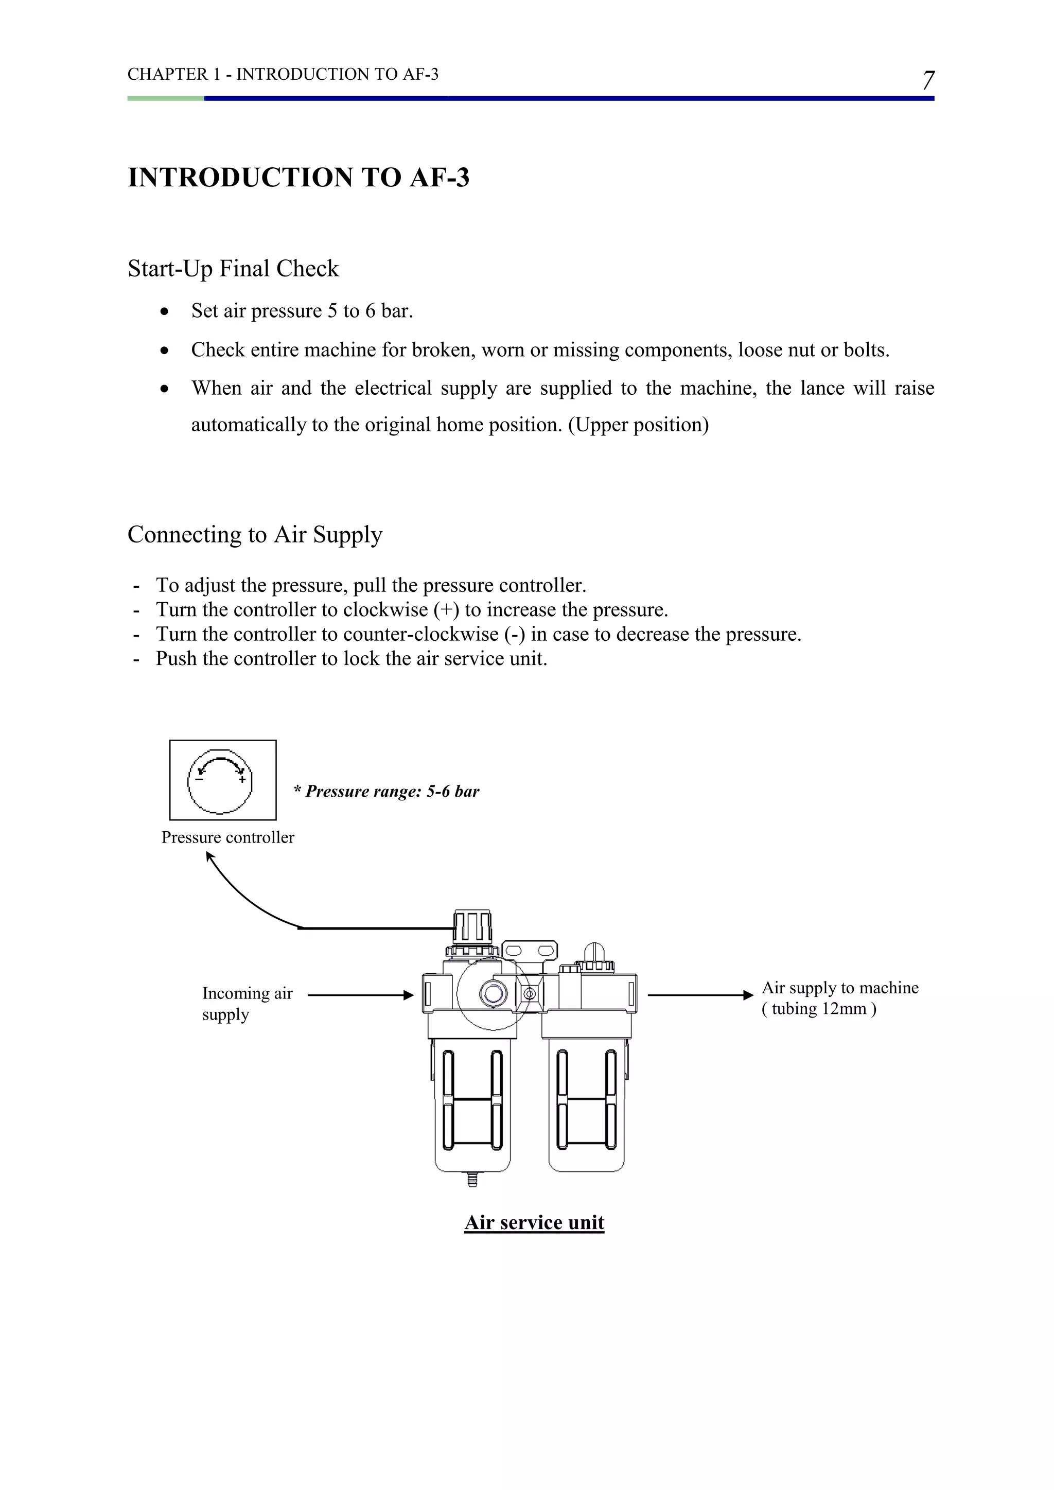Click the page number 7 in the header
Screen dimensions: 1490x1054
point(928,80)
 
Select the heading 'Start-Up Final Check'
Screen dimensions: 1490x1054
point(233,268)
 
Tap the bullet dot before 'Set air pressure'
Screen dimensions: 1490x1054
point(166,311)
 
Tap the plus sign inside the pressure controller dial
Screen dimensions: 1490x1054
point(241,779)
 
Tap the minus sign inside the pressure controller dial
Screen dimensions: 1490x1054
point(199,779)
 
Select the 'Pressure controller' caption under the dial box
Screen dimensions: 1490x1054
point(228,837)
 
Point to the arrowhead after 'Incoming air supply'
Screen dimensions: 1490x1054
point(408,995)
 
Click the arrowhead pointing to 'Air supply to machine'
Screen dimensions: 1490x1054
point(748,995)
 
